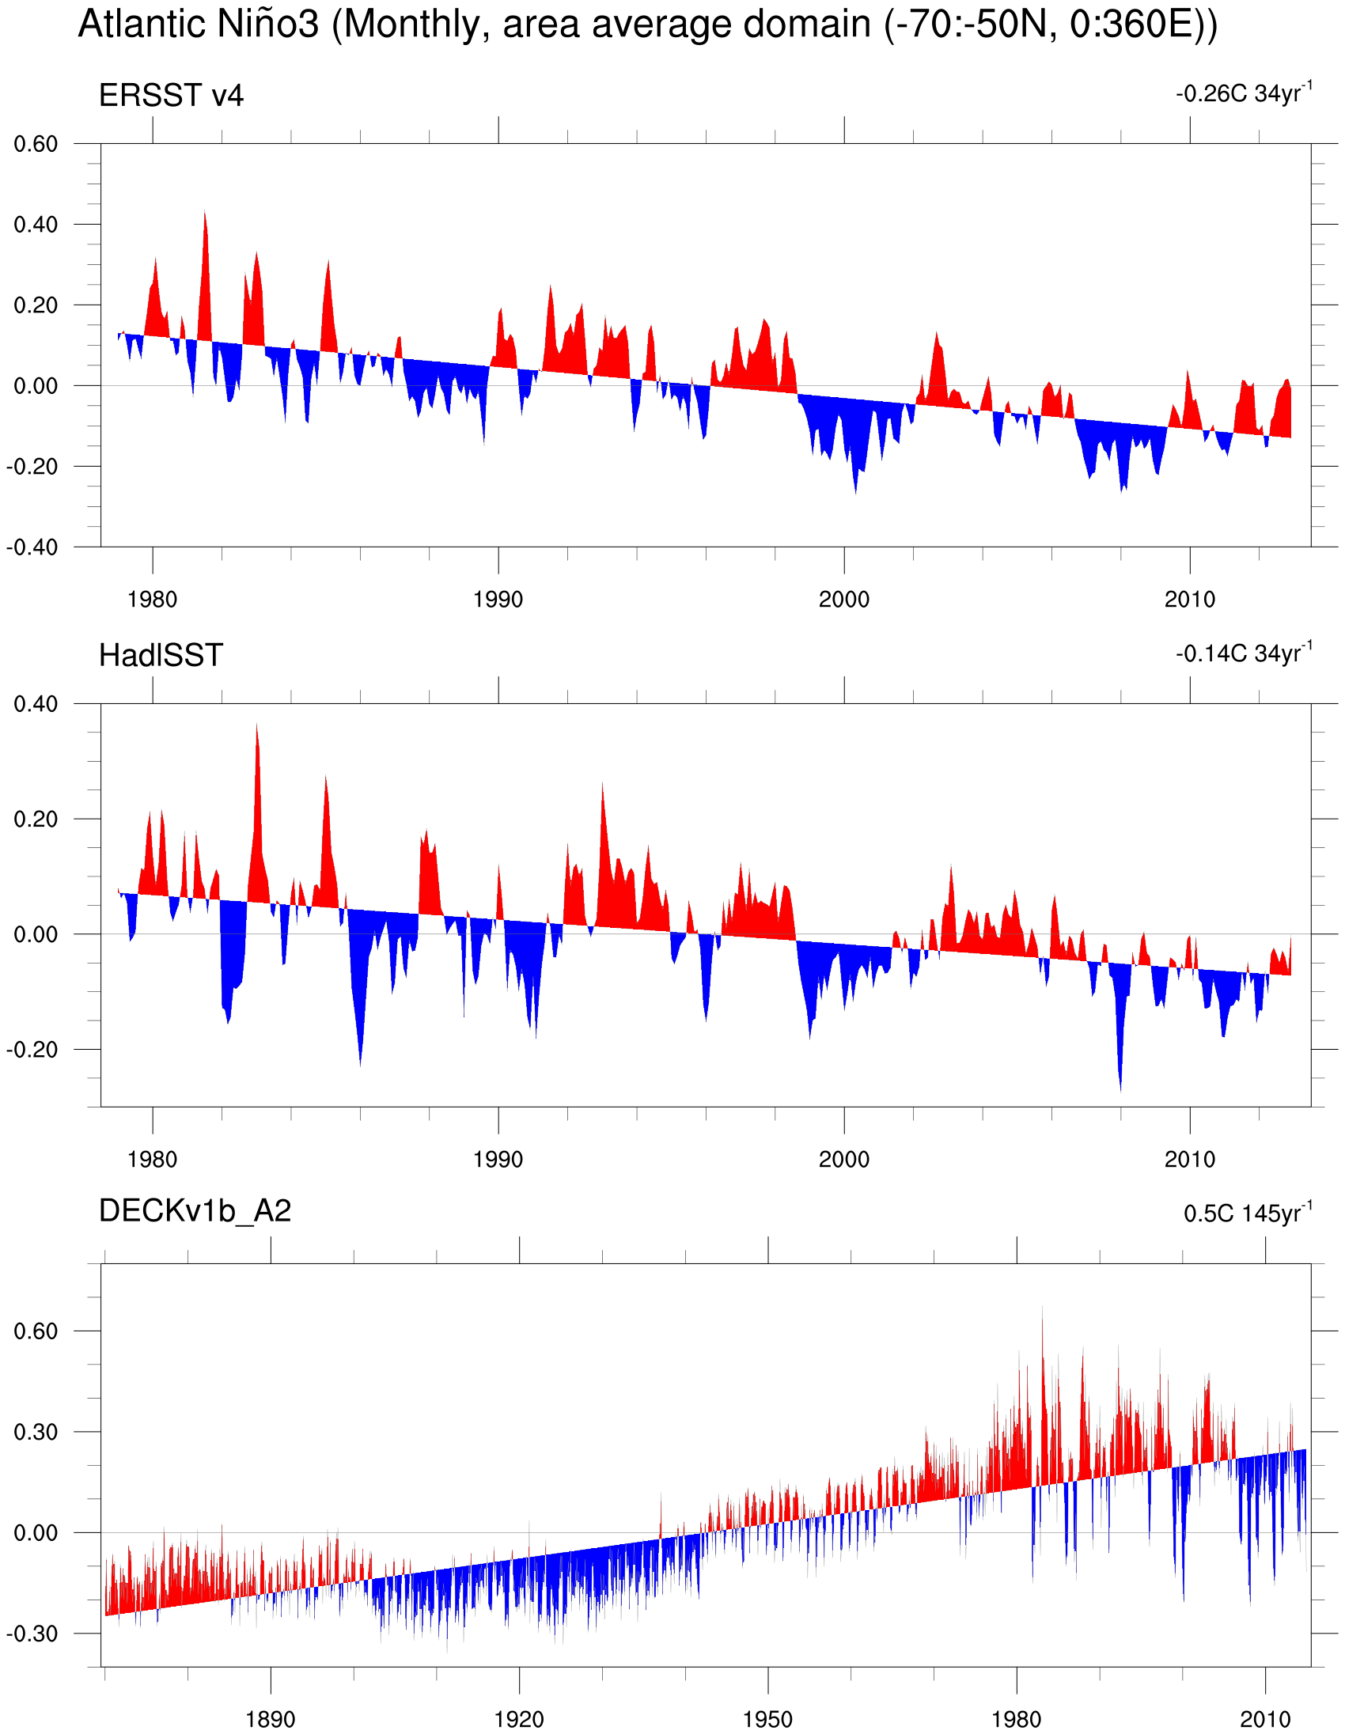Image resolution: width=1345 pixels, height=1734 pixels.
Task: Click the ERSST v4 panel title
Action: click(x=171, y=96)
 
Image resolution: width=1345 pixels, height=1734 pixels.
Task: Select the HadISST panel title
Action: click(x=161, y=656)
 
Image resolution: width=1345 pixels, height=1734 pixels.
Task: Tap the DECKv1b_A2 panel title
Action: click(x=195, y=1211)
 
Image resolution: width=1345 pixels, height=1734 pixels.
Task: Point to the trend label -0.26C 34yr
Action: click(x=1243, y=93)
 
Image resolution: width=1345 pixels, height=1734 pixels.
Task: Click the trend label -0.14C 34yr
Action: click(x=1243, y=653)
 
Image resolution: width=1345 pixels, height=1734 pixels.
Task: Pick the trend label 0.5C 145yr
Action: click(x=1247, y=1213)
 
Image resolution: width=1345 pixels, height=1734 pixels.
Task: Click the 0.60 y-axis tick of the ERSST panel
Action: click(x=36, y=145)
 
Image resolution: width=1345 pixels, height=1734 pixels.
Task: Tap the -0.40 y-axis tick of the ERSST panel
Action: click(x=32, y=548)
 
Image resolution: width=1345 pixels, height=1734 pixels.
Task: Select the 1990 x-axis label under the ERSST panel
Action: click(x=498, y=600)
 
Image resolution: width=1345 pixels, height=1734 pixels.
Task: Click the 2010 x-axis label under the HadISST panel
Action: click(x=1189, y=1159)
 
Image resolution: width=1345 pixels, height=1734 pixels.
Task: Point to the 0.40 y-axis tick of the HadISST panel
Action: click(x=36, y=704)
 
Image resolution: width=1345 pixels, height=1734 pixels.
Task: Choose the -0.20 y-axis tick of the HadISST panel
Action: click(x=32, y=1051)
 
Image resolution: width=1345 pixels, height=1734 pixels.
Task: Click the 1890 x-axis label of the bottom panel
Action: click(x=270, y=1719)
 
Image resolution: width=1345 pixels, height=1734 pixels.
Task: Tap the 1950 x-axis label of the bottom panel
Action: click(x=767, y=1719)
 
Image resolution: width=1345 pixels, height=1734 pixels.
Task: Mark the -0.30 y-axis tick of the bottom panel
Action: click(x=32, y=1634)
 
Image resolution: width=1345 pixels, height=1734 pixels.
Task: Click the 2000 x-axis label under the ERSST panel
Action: click(x=843, y=600)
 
